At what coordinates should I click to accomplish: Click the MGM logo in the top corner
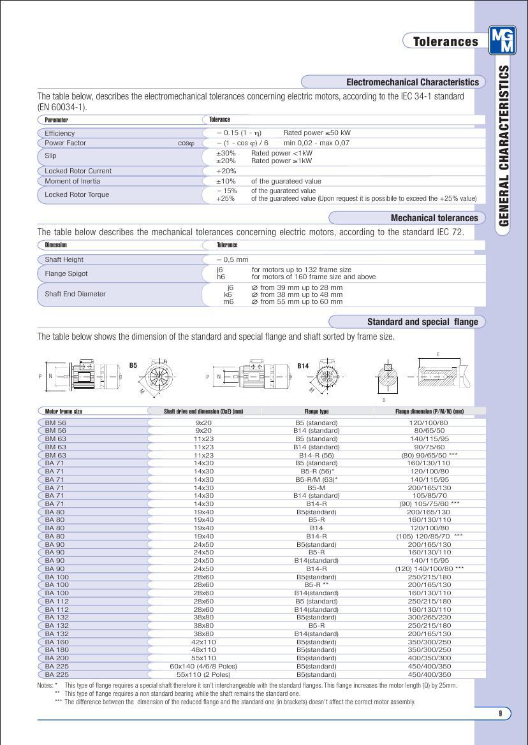[502, 41]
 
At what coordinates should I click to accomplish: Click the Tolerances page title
[445, 41]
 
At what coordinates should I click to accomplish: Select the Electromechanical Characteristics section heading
[412, 82]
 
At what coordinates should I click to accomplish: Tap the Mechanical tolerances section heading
[434, 218]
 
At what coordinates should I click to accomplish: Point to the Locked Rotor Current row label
[78, 171]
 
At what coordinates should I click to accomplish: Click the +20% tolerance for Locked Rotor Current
[226, 171]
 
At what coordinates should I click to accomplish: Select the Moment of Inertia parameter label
[72, 181]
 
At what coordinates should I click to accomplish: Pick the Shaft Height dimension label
[64, 259]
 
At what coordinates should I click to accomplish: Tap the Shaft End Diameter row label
[75, 294]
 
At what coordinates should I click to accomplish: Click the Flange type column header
[316, 411]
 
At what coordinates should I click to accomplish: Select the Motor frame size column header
[64, 411]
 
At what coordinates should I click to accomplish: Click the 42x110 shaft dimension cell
[203, 642]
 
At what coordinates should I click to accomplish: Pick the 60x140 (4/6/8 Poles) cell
[203, 666]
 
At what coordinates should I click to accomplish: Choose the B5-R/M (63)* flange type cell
[316, 479]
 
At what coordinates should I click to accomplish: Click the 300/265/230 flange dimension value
[429, 617]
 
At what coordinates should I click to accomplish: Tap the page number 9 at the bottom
[501, 713]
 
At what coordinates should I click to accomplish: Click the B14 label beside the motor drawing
[303, 366]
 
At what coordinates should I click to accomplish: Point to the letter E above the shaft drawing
[437, 354]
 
